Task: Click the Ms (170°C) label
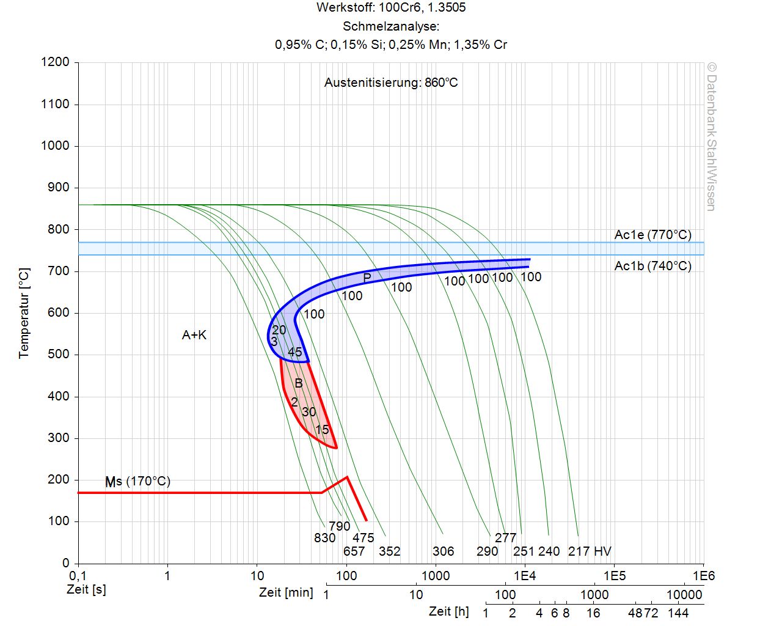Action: pos(137,482)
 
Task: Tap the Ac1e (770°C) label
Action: pos(652,235)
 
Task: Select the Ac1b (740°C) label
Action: pos(652,266)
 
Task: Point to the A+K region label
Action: pos(194,335)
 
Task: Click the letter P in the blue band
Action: pos(367,278)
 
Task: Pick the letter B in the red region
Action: pos(299,384)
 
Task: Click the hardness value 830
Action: pos(324,538)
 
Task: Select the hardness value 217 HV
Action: pos(590,551)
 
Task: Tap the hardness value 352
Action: pos(389,551)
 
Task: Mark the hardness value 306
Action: pos(443,551)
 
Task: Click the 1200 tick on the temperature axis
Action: pos(55,62)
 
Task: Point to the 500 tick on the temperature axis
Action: pos(59,355)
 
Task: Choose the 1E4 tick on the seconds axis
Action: pos(524,576)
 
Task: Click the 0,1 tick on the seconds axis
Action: pos(78,576)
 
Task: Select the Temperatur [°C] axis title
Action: pos(24,313)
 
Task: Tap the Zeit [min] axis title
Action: pos(286,592)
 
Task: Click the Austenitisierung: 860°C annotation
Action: pos(391,83)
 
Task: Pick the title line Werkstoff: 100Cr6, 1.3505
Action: pos(391,8)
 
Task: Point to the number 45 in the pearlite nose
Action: pos(294,352)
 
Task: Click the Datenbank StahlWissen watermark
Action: pos(711,136)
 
